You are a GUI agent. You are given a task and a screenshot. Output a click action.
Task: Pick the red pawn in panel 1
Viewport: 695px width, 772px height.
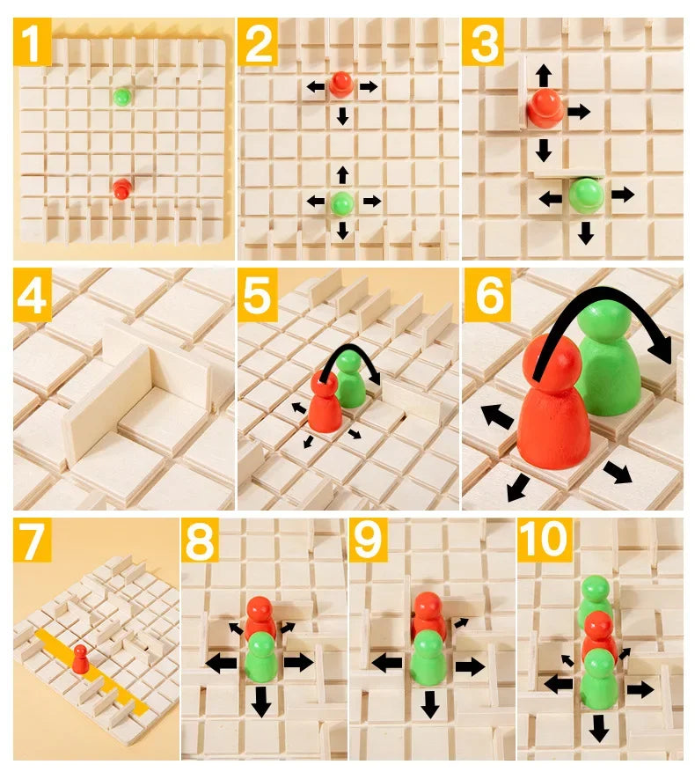click(x=121, y=187)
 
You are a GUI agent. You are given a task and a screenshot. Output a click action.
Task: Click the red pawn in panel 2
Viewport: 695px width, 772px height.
click(x=340, y=85)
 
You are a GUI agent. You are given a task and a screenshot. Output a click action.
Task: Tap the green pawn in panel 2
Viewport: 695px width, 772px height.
click(x=342, y=202)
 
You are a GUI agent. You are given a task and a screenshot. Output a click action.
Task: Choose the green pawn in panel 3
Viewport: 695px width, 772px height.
click(x=585, y=195)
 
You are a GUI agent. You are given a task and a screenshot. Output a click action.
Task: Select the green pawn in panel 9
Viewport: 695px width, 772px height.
click(x=428, y=656)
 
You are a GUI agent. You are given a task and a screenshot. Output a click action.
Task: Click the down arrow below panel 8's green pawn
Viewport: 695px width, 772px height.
click(x=260, y=702)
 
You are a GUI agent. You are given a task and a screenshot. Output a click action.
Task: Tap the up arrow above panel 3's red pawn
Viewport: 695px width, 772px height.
click(x=544, y=73)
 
